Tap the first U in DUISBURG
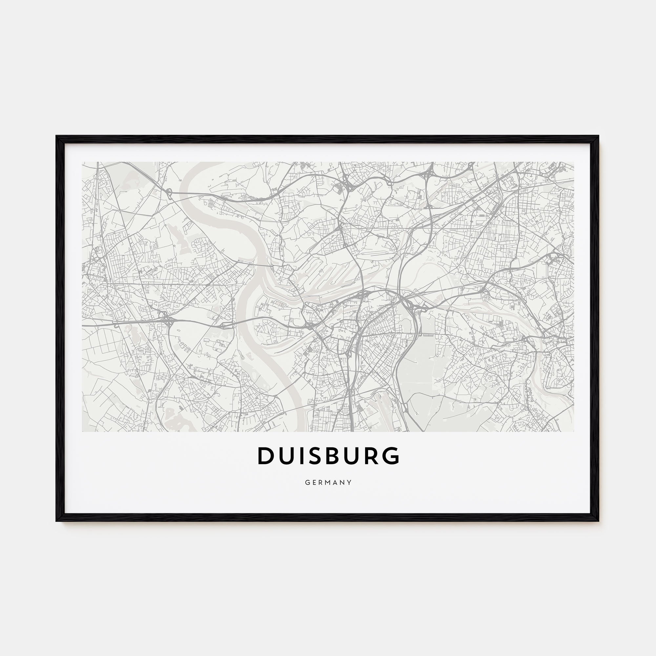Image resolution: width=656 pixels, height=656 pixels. click(288, 456)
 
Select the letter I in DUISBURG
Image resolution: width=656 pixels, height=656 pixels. click(305, 456)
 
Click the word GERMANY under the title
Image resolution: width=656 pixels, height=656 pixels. click(328, 482)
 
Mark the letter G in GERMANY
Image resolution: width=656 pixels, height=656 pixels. click(307, 482)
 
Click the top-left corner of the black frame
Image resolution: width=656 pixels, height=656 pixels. click(57, 136)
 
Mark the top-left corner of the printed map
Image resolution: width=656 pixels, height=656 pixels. click(83, 162)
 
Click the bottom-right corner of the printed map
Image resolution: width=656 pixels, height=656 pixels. click(574, 432)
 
